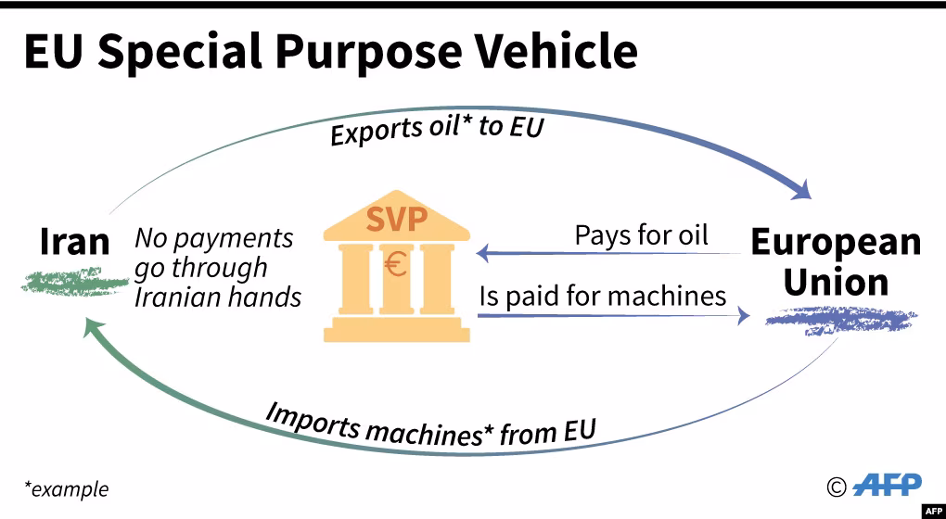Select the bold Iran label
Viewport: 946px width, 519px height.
[x=74, y=242]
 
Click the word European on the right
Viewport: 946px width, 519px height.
[x=836, y=243]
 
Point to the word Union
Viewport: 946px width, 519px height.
[x=836, y=282]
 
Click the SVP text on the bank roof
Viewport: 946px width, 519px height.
[x=396, y=221]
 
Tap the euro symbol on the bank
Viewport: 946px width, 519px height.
[x=396, y=266]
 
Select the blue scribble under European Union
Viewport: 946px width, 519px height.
[x=840, y=321]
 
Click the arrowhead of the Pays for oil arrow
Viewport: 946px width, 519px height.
[x=481, y=252]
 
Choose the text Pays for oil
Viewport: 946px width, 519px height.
[x=641, y=234]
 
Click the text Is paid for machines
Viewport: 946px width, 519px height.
[x=602, y=297]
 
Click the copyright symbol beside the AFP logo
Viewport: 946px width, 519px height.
[x=837, y=486]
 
